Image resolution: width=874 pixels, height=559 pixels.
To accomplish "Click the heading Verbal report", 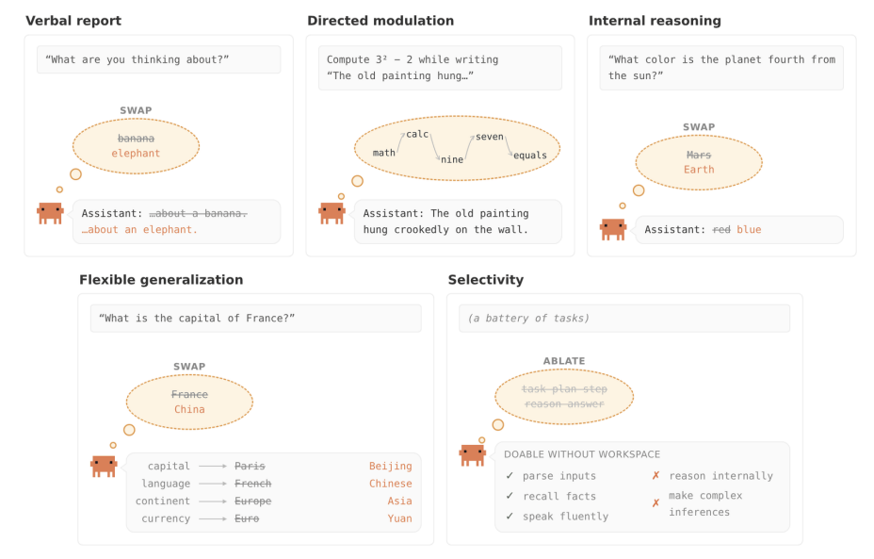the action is click(73, 21).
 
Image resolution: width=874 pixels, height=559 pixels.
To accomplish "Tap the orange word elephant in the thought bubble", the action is click(136, 154).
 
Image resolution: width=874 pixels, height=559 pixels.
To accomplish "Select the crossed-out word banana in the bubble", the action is click(136, 139).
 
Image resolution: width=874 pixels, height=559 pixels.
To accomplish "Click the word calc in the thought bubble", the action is click(417, 134).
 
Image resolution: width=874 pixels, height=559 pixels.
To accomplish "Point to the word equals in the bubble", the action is click(530, 156).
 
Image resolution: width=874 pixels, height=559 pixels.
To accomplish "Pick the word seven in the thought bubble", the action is click(490, 137).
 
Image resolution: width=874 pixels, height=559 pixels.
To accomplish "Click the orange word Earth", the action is click(699, 170).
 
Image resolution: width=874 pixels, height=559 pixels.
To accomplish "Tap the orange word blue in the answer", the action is click(749, 229).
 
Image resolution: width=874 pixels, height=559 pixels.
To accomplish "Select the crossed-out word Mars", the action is click(699, 155).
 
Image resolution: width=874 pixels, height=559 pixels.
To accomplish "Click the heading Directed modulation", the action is click(380, 21).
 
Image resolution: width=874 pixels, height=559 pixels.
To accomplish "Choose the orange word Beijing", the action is click(390, 466).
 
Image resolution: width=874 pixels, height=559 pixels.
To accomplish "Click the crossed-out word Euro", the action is click(247, 518).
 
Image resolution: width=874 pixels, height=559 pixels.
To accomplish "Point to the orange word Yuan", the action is click(399, 518).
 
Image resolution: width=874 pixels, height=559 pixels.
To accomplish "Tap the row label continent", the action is click(163, 501).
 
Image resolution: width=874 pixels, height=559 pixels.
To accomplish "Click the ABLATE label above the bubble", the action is click(564, 361).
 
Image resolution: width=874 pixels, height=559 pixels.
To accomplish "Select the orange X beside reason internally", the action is click(656, 475).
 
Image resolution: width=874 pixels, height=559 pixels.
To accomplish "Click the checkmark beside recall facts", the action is click(510, 496).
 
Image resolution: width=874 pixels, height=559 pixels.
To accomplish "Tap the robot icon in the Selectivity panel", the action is click(473, 454).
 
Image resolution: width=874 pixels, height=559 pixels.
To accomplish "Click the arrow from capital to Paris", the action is click(213, 466).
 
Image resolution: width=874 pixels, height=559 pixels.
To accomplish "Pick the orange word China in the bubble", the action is click(189, 409).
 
